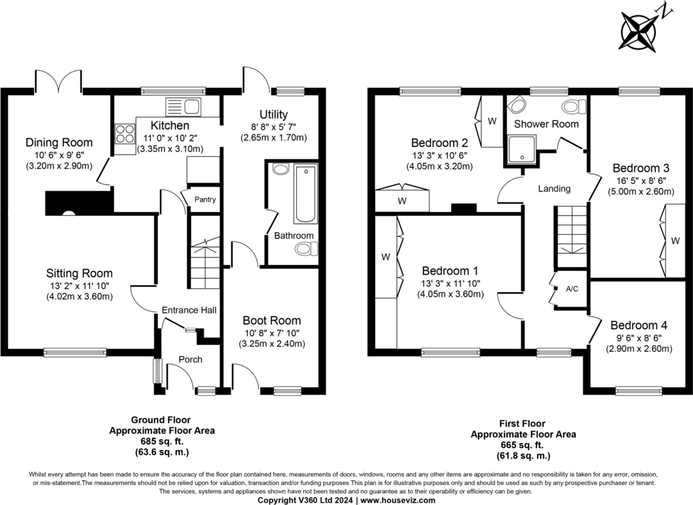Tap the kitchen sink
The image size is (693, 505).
(183, 107)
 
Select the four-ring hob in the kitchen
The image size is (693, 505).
(125, 133)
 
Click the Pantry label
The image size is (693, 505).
(205, 199)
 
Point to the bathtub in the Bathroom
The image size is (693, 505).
(305, 194)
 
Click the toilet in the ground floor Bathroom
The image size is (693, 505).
(306, 249)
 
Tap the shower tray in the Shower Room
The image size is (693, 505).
(521, 149)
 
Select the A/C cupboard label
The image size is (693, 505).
(572, 289)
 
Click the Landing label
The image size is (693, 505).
(554, 188)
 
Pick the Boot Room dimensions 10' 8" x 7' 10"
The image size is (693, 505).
(272, 333)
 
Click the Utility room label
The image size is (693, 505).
(274, 114)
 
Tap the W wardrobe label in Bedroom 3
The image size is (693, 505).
(675, 240)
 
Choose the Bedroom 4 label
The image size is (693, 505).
(639, 325)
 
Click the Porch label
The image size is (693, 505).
(190, 359)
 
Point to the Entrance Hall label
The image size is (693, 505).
(189, 310)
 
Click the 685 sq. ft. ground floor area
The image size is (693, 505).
(162, 441)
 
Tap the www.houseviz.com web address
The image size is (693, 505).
(398, 500)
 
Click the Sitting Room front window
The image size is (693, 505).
(75, 352)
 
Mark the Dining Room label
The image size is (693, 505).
(59, 142)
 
